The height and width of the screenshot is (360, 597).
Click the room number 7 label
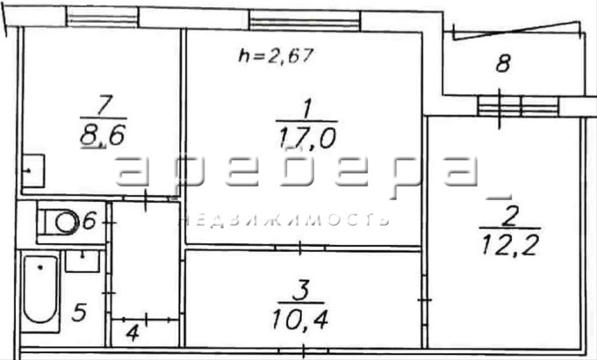tap(104, 105)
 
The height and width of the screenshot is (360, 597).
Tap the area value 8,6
tap(103, 135)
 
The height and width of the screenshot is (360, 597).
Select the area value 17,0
tap(307, 138)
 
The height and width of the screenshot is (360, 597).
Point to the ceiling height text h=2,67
tap(276, 55)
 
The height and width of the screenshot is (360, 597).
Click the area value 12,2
tap(510, 245)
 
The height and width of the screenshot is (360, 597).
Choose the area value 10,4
tap(300, 320)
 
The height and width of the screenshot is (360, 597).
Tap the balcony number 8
tap(503, 63)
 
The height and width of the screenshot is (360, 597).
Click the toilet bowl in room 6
tap(61, 222)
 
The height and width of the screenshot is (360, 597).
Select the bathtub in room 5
tap(40, 291)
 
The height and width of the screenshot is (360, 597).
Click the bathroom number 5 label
tap(79, 312)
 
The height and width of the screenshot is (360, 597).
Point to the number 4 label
tap(132, 334)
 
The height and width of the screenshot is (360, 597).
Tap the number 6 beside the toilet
tap(89, 220)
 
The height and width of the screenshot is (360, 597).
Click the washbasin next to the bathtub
tap(83, 261)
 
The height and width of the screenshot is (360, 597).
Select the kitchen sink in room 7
tap(33, 170)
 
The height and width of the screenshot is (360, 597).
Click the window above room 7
tap(102, 17)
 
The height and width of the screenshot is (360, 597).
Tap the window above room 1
tap(305, 20)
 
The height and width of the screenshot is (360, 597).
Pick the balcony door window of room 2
tap(518, 106)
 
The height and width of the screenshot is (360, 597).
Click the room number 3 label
tap(301, 291)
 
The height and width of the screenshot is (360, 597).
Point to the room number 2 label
tap(509, 216)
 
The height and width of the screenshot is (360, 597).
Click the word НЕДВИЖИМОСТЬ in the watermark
tap(284, 220)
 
